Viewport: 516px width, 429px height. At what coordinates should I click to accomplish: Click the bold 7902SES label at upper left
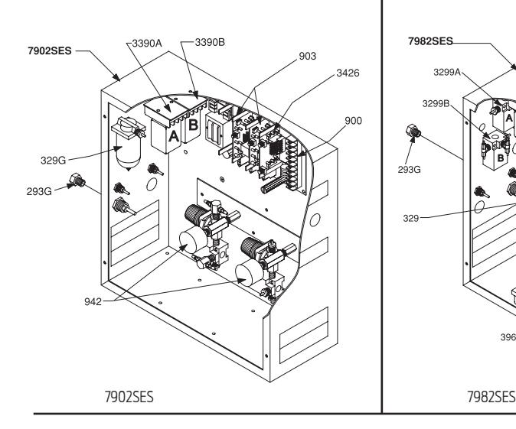pos(50,51)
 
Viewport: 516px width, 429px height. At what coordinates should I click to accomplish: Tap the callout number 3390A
pos(147,43)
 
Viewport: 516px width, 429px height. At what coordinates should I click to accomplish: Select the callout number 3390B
pos(210,42)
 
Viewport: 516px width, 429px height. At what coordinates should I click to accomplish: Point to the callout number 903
pos(307,57)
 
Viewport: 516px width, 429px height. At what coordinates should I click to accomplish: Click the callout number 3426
pos(348,73)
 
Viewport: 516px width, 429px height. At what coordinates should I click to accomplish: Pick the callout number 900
pos(354,121)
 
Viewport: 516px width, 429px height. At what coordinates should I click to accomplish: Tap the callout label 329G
pos(54,161)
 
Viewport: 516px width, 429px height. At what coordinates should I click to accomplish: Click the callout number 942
pos(93,301)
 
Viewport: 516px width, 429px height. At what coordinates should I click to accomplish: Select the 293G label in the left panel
pos(39,191)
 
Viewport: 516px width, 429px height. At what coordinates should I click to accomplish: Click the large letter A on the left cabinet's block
pos(174,136)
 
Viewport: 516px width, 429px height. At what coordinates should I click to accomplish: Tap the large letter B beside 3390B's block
pos(193,125)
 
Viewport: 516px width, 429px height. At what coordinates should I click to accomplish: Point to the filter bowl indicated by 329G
pos(129,152)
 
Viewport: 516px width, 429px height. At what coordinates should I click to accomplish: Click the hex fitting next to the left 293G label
pos(77,180)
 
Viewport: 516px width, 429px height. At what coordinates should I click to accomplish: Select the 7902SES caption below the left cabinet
pos(129,397)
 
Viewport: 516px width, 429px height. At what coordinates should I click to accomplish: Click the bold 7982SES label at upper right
pos(430,41)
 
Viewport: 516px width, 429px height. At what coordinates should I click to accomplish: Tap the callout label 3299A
pos(447,73)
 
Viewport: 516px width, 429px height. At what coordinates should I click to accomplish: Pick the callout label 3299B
pos(436,104)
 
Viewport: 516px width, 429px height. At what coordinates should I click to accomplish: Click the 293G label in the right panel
pos(409,170)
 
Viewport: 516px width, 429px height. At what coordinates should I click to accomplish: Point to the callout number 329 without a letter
pos(410,218)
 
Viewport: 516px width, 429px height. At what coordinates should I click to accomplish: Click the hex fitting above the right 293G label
pos(414,132)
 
